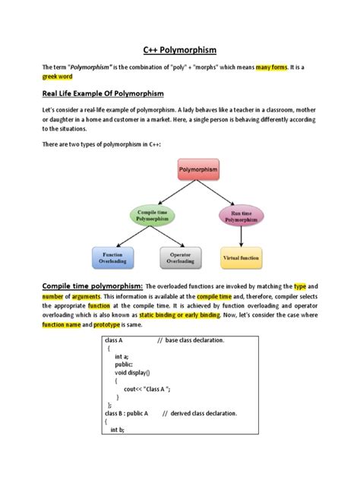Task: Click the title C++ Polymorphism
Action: (x=180, y=49)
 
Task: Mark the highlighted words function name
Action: (x=64, y=324)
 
